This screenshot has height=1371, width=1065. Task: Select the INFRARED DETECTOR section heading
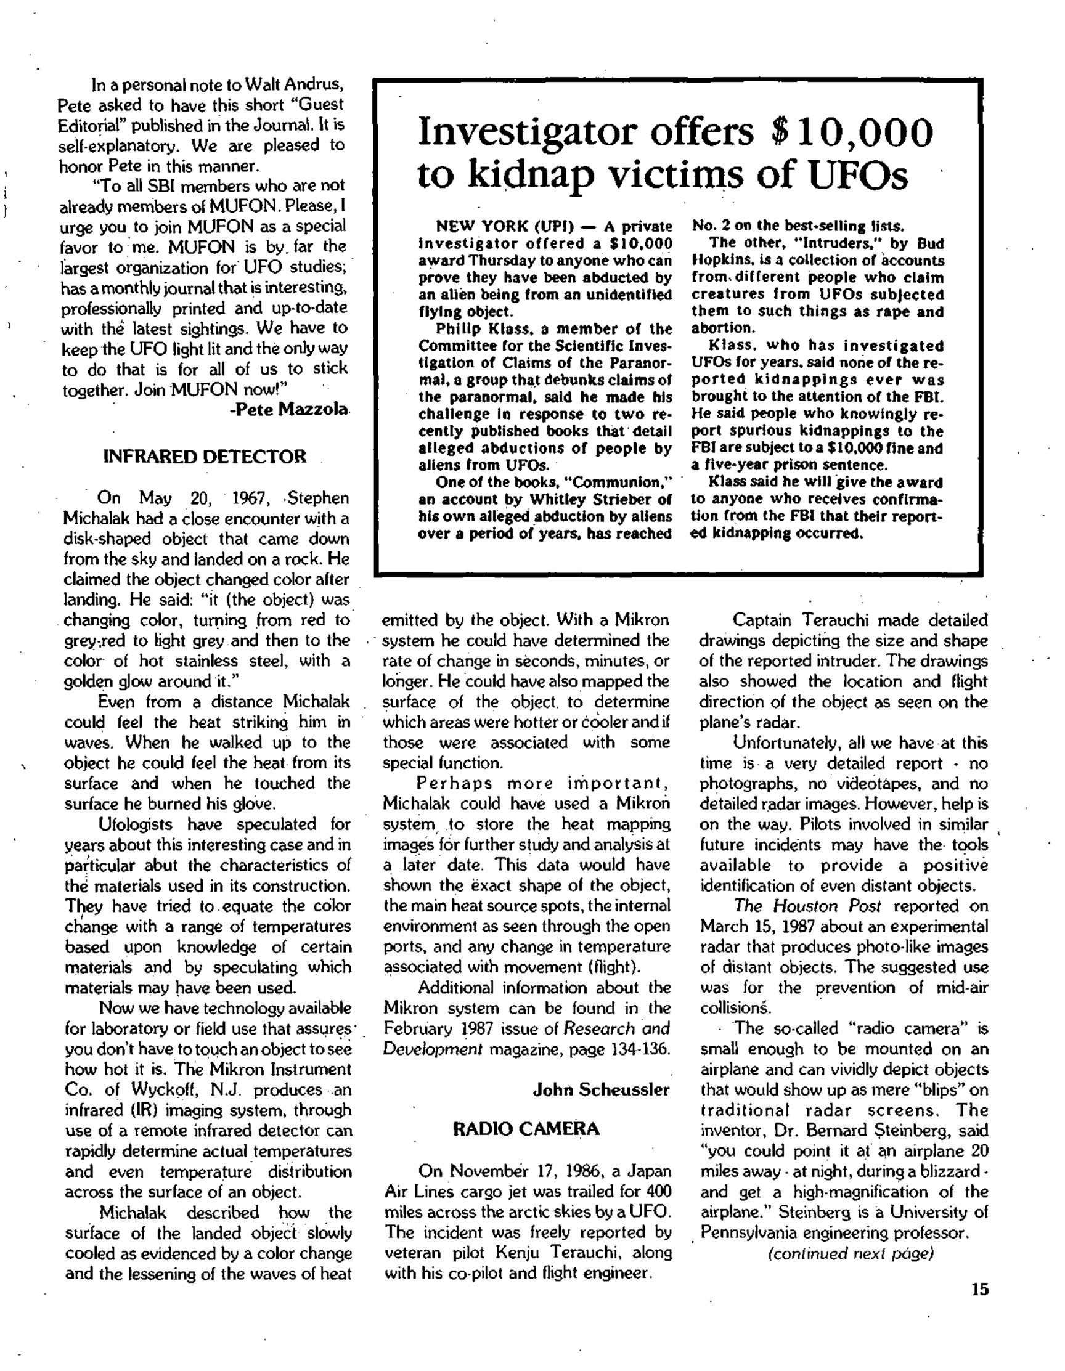point(205,457)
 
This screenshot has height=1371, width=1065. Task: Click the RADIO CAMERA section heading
point(526,1129)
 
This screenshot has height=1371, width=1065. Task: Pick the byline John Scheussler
point(601,1090)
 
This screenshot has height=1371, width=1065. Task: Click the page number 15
point(979,1290)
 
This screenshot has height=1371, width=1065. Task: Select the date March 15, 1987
point(759,927)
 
